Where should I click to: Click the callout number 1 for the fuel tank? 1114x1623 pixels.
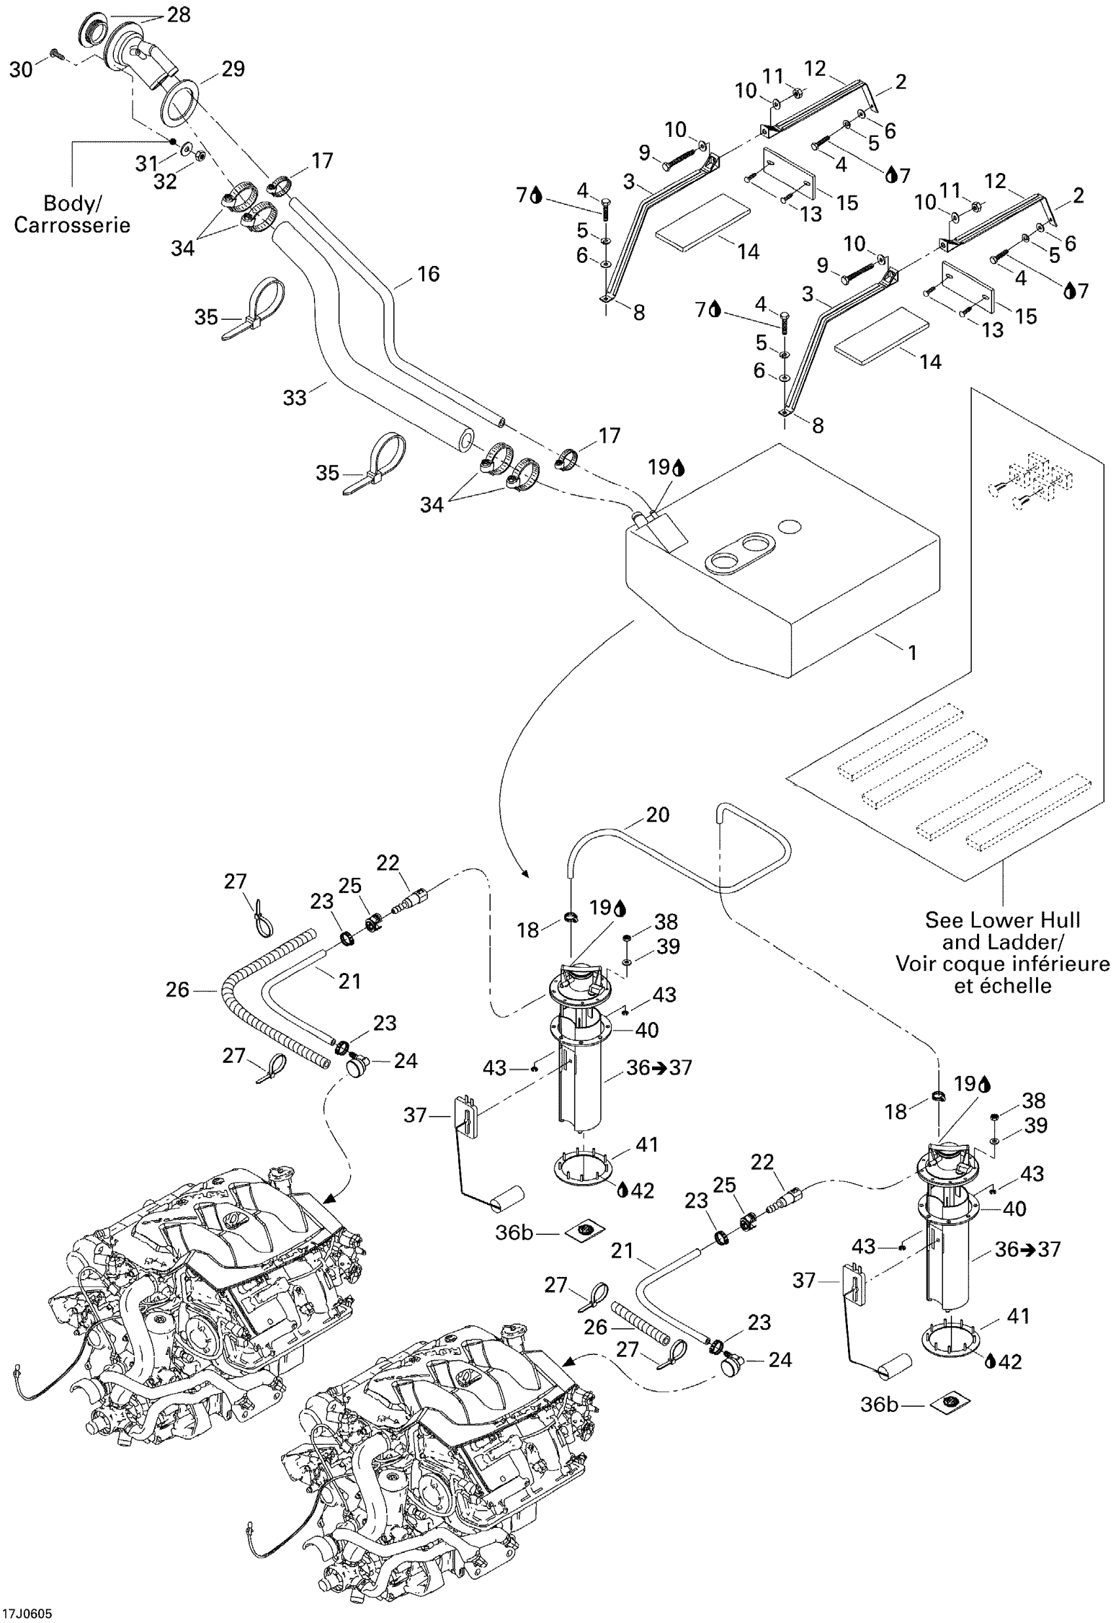coord(912,653)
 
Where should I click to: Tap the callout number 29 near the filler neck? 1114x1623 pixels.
coord(233,69)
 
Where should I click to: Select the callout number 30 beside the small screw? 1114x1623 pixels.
coord(21,70)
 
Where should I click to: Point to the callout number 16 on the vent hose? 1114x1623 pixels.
coord(428,274)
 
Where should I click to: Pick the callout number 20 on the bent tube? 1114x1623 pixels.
coord(657,815)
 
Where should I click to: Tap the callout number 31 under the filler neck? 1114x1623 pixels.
coord(146,163)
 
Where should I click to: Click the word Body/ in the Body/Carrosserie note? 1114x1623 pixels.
coord(72,203)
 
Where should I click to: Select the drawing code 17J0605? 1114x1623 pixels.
coord(27,1613)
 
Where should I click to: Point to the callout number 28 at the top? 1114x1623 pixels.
coord(179,14)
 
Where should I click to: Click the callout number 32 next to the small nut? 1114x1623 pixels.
coord(166,181)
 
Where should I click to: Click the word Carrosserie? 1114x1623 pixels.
coord(72,225)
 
